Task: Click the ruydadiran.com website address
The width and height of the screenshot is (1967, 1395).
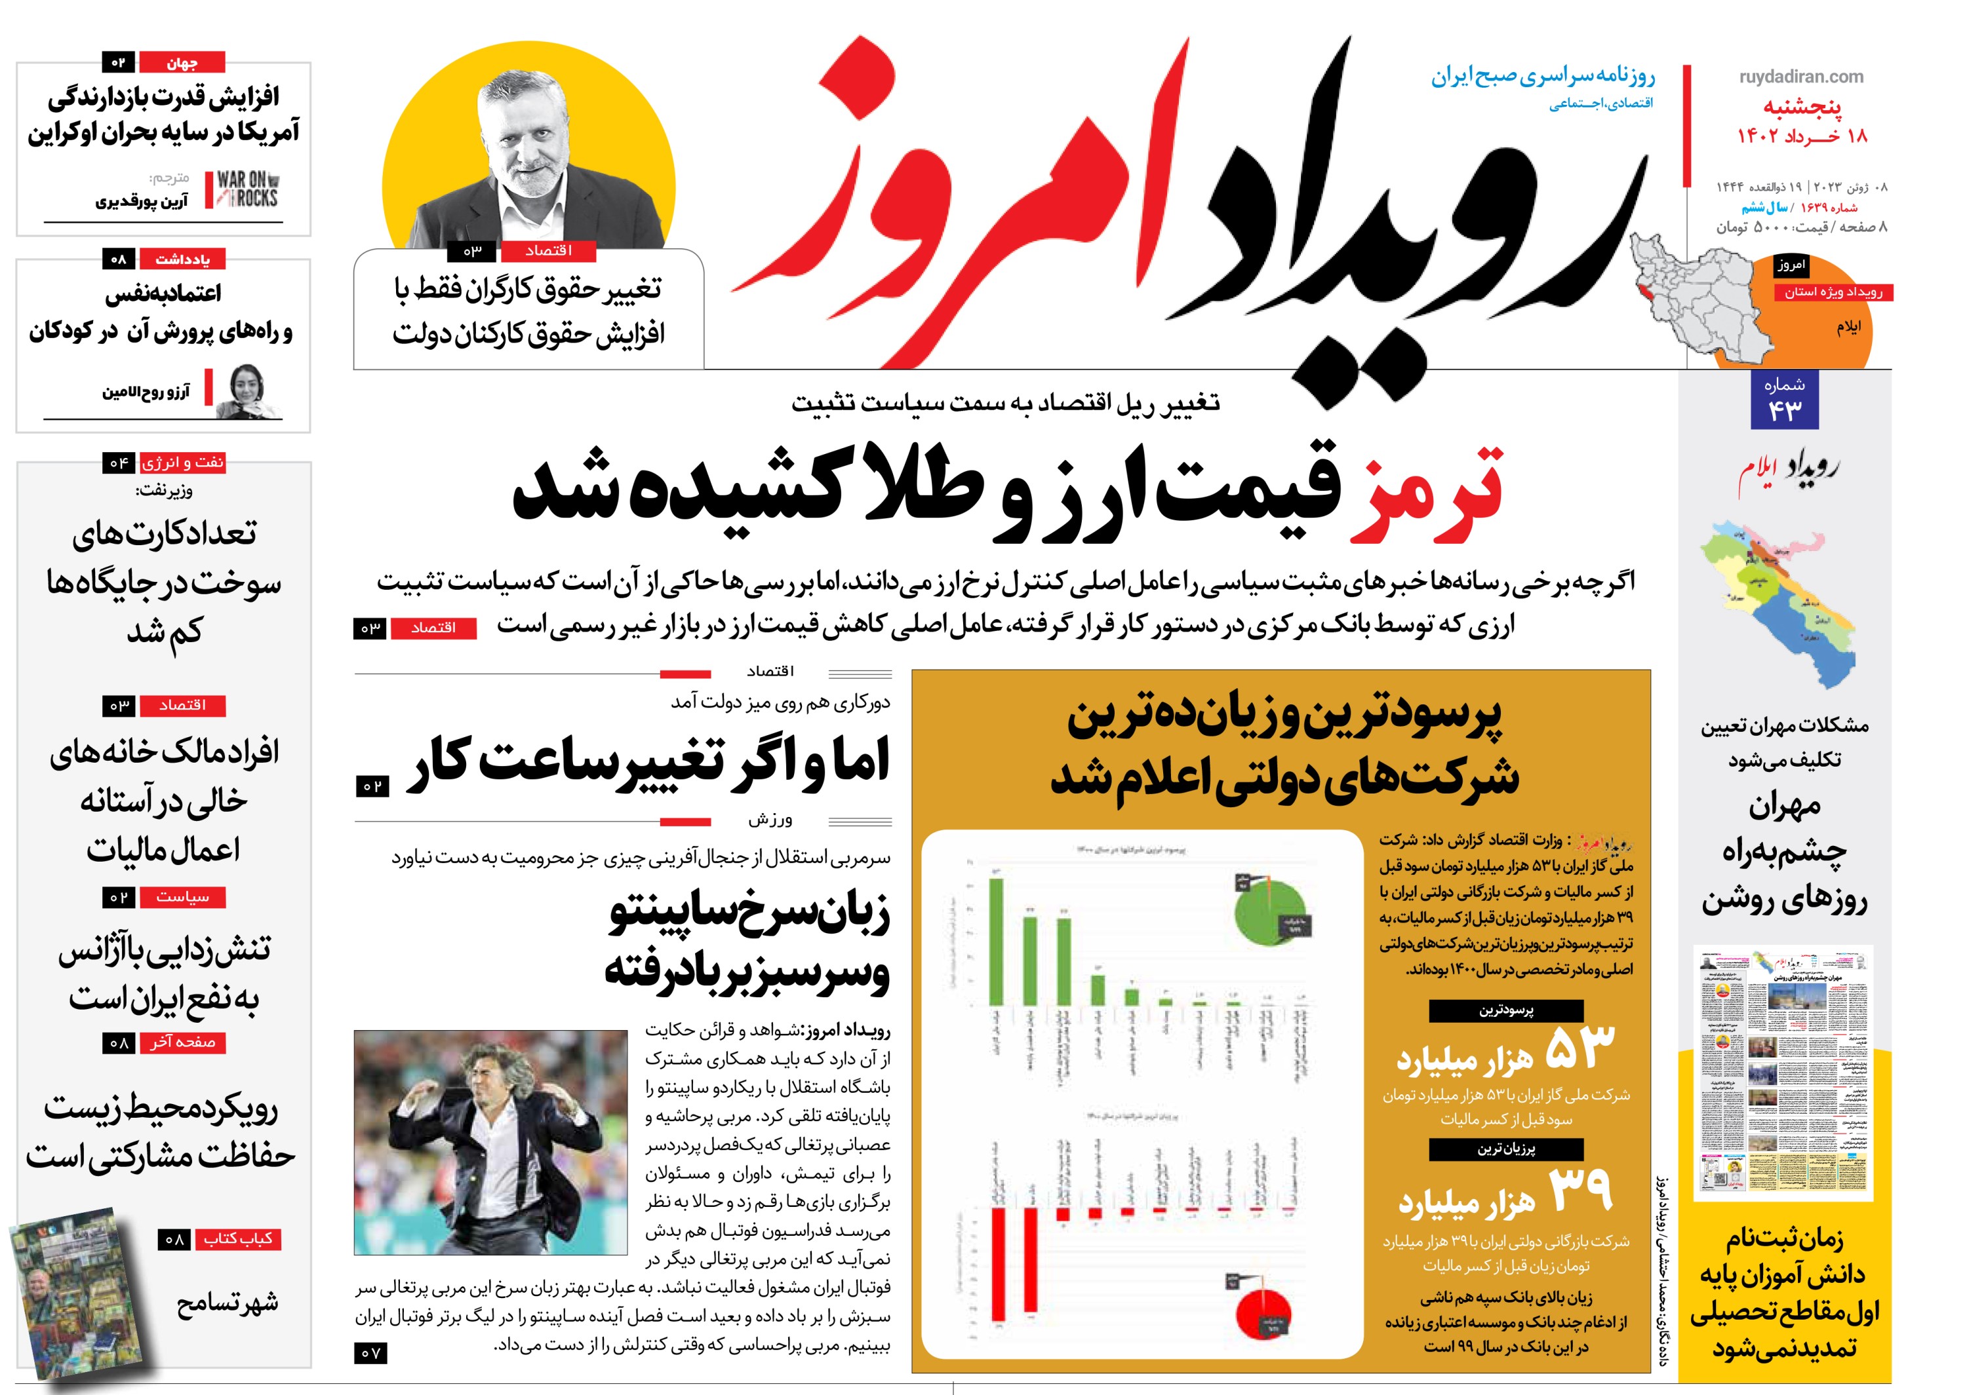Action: (x=1800, y=77)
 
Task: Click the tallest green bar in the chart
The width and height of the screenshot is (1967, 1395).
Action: (x=996, y=941)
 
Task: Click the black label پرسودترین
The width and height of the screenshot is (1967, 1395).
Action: (x=1505, y=1010)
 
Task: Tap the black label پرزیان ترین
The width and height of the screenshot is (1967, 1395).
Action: (x=1505, y=1149)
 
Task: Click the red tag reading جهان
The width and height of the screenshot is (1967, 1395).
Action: (x=182, y=63)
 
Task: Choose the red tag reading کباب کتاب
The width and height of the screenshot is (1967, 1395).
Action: (x=238, y=1238)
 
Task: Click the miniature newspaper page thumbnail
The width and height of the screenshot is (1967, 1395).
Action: (x=1783, y=1074)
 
